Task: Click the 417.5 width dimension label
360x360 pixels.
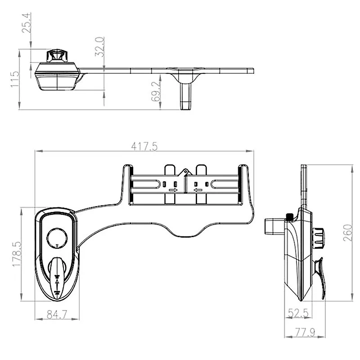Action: coord(144,146)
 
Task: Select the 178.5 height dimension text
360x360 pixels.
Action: coord(17,254)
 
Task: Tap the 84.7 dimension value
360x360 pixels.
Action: coord(57,314)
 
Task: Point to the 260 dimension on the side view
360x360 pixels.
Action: coord(347,233)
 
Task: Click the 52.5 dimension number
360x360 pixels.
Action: coord(298,313)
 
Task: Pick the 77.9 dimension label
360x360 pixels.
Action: coord(305,332)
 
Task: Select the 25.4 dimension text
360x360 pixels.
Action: coord(26,23)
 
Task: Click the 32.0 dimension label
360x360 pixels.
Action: coord(99,47)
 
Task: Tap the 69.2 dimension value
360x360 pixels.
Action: coord(155,92)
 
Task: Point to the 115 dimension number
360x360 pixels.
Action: coord(15,79)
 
